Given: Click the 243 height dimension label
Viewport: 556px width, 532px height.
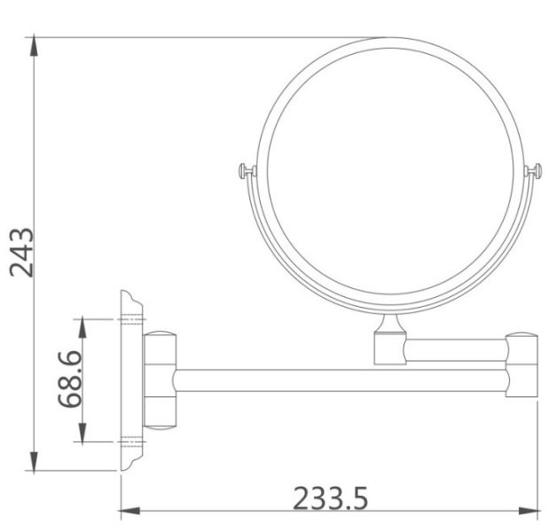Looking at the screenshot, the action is pos(21,252).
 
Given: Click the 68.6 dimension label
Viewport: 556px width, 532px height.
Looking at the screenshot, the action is pos(70,379).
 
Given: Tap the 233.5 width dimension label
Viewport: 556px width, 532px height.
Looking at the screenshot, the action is pos(331,498).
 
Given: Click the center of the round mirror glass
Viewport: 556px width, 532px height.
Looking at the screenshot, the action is pos(390,171).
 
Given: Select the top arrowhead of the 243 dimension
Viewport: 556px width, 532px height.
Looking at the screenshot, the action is pos(34,45).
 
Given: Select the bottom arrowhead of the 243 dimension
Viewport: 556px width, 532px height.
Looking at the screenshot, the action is pos(34,462).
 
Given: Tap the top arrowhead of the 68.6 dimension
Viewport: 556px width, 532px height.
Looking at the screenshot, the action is pos(82,327).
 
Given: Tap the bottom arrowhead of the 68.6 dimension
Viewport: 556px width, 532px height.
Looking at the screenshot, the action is pos(82,433).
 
